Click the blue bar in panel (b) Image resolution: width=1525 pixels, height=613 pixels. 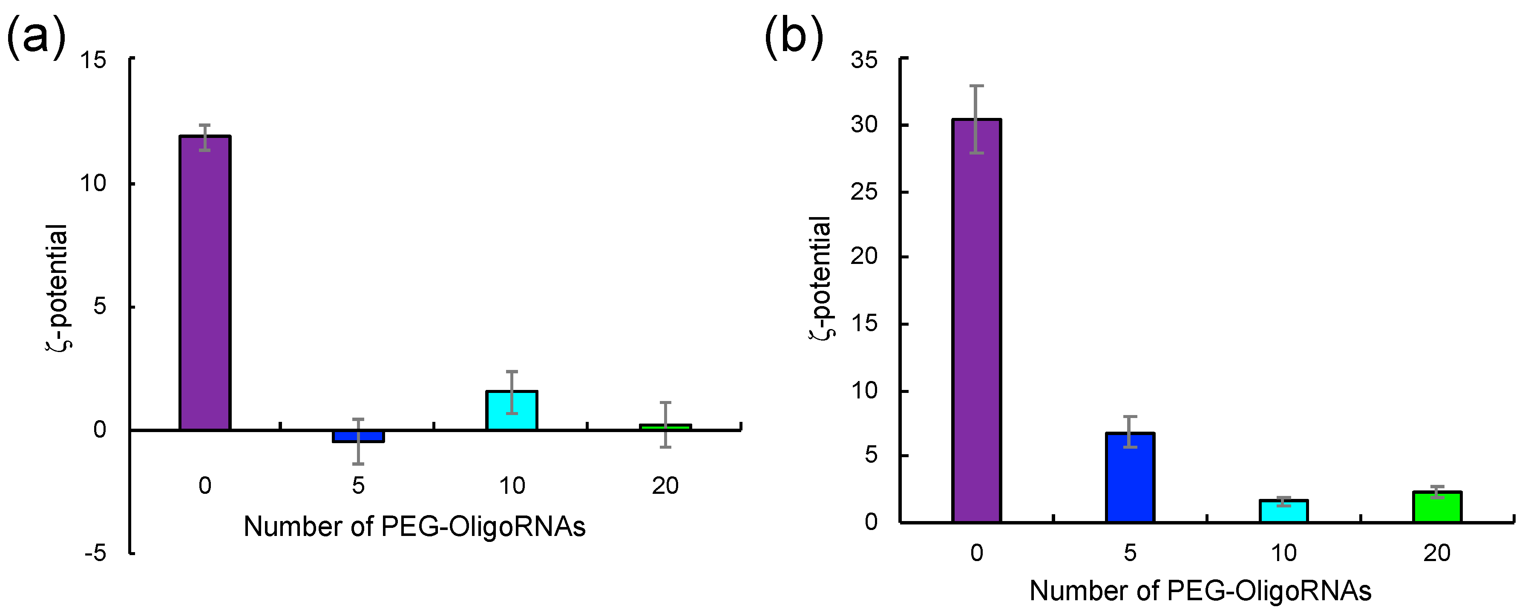[1130, 478]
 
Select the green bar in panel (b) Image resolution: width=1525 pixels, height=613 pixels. [1437, 507]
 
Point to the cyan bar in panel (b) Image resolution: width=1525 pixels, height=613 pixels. [1283, 511]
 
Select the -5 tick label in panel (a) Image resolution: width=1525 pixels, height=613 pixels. [95, 554]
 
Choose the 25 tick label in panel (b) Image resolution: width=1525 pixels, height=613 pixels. [864, 192]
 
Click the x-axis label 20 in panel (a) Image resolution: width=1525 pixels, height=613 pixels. [665, 486]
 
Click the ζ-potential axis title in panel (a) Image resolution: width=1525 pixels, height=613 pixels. [58, 287]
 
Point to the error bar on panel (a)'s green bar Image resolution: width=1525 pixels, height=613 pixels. [665, 424]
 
